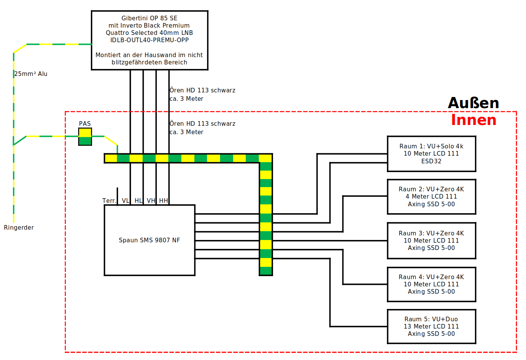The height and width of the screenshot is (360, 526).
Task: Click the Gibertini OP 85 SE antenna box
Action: pyautogui.click(x=150, y=40)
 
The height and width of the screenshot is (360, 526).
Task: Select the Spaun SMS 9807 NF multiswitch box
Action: pyautogui.click(x=150, y=240)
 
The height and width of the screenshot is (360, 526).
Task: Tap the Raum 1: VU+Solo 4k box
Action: pyautogui.click(x=431, y=154)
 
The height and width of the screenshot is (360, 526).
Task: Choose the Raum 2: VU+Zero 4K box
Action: pyautogui.click(x=431, y=197)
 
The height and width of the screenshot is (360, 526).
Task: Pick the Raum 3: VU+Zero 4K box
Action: pyautogui.click(x=431, y=240)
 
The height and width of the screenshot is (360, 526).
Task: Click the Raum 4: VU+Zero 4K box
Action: pyautogui.click(x=431, y=284)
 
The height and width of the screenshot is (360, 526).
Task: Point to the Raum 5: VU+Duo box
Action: pyautogui.click(x=431, y=326)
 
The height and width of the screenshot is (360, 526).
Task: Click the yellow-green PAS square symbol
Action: pyautogui.click(x=85, y=137)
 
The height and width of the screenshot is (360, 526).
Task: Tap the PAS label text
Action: pyautogui.click(x=85, y=123)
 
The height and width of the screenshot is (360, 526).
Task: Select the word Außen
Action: pyautogui.click(x=473, y=103)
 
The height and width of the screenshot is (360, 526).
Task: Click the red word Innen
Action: pyautogui.click(x=473, y=120)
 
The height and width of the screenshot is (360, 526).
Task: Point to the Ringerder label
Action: pyautogui.click(x=19, y=228)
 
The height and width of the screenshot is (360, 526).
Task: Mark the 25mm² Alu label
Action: pyautogui.click(x=31, y=74)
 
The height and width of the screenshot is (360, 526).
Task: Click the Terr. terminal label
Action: pyautogui.click(x=109, y=201)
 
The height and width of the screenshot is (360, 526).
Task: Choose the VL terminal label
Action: pyautogui.click(x=125, y=201)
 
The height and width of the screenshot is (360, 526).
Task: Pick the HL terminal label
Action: pyautogui.click(x=138, y=201)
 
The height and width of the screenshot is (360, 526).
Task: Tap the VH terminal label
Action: pyautogui.click(x=151, y=201)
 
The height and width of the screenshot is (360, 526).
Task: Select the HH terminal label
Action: pyautogui.click(x=163, y=201)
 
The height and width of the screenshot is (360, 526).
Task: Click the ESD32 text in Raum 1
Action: pyautogui.click(x=431, y=161)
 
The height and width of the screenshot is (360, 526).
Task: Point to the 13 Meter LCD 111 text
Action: pyautogui.click(x=431, y=327)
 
